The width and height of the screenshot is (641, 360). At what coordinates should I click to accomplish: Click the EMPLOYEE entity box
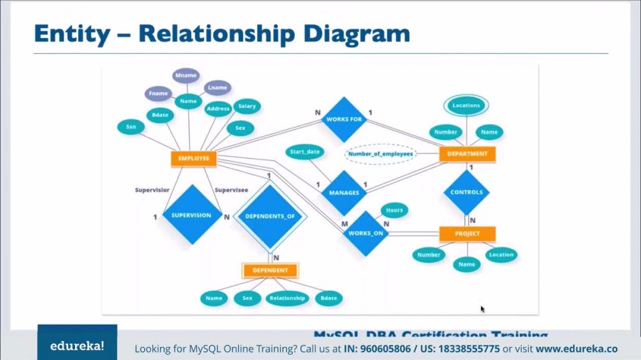(194, 159)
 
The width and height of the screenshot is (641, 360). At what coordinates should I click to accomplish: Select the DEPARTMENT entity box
(467, 154)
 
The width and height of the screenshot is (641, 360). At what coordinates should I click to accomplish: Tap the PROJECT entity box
(467, 234)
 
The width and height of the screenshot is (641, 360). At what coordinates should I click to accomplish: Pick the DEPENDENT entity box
(270, 270)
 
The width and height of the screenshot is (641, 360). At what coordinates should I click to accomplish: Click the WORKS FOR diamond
(344, 119)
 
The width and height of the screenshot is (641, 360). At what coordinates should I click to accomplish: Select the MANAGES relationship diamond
(344, 193)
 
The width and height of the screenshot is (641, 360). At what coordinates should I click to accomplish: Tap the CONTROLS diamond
(466, 192)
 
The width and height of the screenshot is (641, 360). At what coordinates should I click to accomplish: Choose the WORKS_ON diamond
(365, 233)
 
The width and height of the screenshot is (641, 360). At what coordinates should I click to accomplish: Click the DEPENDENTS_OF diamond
(270, 216)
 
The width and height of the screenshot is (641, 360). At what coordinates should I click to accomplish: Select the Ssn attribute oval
(130, 126)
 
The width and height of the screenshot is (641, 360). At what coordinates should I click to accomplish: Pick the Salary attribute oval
(247, 106)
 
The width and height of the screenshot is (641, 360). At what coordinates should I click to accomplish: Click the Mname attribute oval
(186, 76)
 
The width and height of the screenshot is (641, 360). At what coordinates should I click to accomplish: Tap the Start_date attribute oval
(304, 152)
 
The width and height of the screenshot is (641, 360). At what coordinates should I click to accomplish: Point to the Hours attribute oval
(394, 210)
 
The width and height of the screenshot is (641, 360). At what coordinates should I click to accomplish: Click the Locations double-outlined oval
(466, 105)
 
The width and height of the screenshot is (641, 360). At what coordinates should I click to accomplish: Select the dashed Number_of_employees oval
(381, 154)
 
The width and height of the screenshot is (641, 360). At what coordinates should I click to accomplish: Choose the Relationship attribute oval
(287, 298)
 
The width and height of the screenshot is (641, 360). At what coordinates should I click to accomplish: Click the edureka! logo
(77, 346)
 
